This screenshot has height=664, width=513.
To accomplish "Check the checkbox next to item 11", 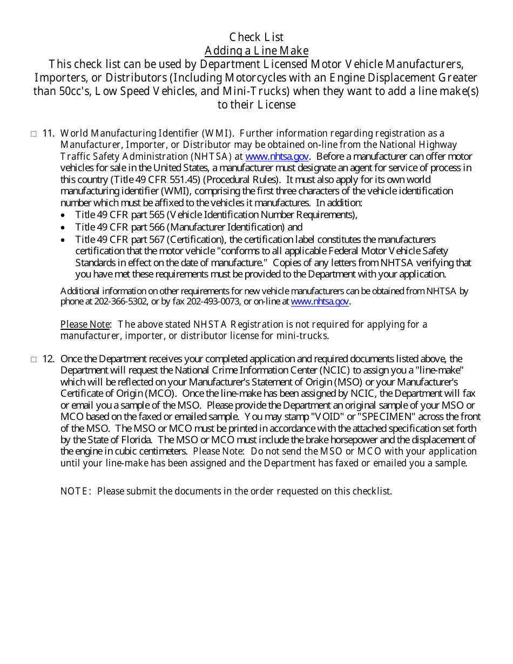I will [33, 134].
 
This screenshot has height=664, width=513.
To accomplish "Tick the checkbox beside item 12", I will [33, 360].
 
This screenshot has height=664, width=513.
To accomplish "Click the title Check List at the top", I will [256, 37].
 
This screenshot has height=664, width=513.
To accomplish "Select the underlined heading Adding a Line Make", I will [256, 51].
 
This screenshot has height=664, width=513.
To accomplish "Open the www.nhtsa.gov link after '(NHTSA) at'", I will [277, 157].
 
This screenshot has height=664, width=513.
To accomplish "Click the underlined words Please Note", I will [85, 324].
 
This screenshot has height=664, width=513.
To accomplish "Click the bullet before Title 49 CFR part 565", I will [64, 215].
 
